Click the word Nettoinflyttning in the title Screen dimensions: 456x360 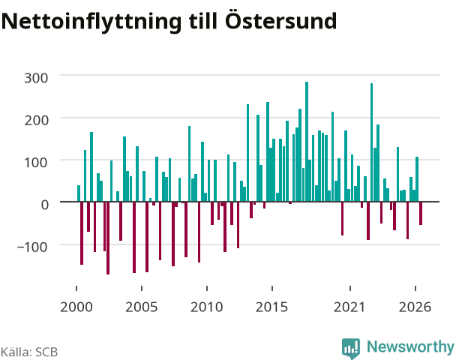[91, 22]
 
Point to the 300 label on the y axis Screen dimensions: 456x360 [36, 78]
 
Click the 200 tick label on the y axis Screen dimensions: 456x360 [36, 120]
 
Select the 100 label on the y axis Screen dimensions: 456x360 [36, 162]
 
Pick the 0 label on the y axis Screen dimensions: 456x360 [44, 205]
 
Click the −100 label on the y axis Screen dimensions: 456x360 [32, 247]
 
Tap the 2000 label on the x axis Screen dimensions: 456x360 [76, 307]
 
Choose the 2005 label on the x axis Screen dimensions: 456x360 [142, 307]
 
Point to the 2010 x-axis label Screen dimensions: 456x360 [207, 307]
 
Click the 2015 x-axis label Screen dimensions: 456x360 [272, 307]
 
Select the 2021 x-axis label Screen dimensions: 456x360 [349, 307]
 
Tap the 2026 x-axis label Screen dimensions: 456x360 [415, 307]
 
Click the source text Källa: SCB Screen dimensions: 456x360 [29, 352]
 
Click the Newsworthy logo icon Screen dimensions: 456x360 [351, 348]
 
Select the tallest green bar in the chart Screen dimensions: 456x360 [307, 142]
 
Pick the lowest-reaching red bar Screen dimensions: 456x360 [108, 238]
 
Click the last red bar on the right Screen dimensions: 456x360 [421, 213]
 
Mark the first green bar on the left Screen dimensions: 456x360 [79, 193]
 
